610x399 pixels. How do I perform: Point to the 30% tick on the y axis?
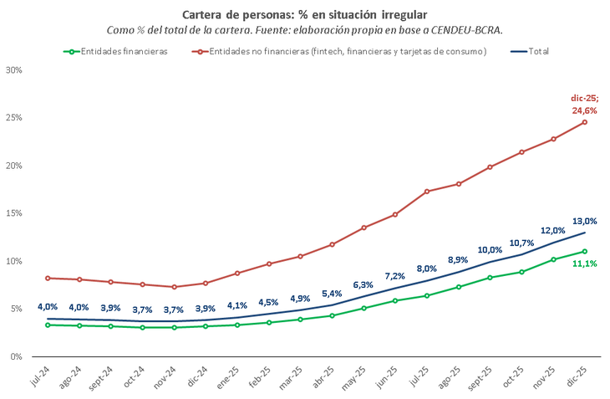coord(13,69)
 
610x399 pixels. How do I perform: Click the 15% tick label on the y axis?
coord(13,213)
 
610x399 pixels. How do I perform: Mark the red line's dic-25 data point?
coord(585,122)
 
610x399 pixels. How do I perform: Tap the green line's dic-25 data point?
coord(585,251)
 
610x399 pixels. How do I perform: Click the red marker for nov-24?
coord(174,287)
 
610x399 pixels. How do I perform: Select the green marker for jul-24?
coord(48,325)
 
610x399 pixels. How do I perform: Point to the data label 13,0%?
coord(585,221)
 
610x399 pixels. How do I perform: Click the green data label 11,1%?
coord(585,264)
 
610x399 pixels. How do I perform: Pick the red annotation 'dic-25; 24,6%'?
coord(585,104)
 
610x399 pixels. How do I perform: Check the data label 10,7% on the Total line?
coord(521,243)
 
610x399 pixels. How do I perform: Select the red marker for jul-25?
coord(427,192)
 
